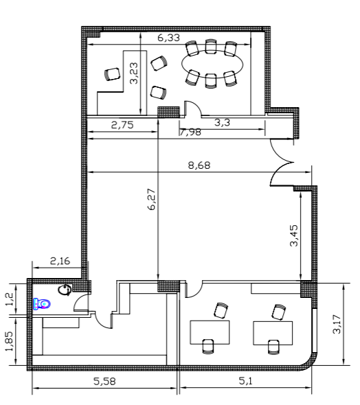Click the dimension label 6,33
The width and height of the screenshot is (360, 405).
click(x=168, y=38)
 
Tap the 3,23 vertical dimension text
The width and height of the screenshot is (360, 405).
click(x=134, y=73)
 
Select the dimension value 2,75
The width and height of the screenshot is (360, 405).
click(x=122, y=125)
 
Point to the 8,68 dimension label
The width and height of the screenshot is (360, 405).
click(x=199, y=165)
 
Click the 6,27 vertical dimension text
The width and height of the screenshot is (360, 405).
click(x=152, y=199)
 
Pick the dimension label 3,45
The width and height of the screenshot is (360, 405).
click(x=294, y=236)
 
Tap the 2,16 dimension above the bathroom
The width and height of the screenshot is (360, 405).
click(x=60, y=261)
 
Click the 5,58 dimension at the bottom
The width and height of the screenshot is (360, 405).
click(x=104, y=381)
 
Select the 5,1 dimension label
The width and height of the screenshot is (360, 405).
click(x=245, y=381)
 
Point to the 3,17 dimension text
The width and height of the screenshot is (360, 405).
click(x=337, y=324)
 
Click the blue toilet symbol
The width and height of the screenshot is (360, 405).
click(x=41, y=303)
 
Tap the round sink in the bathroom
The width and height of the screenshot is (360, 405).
click(x=65, y=290)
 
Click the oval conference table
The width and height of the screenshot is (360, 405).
click(x=212, y=64)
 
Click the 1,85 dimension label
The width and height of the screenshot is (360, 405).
click(x=10, y=341)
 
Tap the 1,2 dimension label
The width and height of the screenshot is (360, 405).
click(x=10, y=299)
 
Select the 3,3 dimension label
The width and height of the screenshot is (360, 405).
click(x=222, y=122)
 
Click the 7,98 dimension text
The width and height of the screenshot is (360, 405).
click(x=190, y=132)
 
